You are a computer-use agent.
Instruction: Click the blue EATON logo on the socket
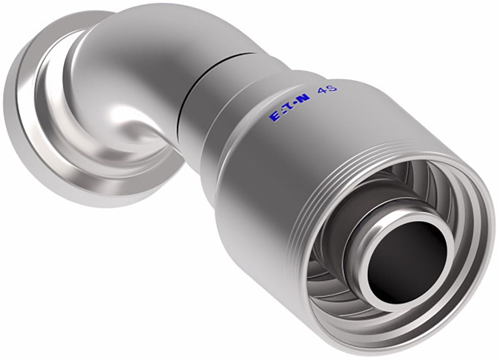click(289, 108)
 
